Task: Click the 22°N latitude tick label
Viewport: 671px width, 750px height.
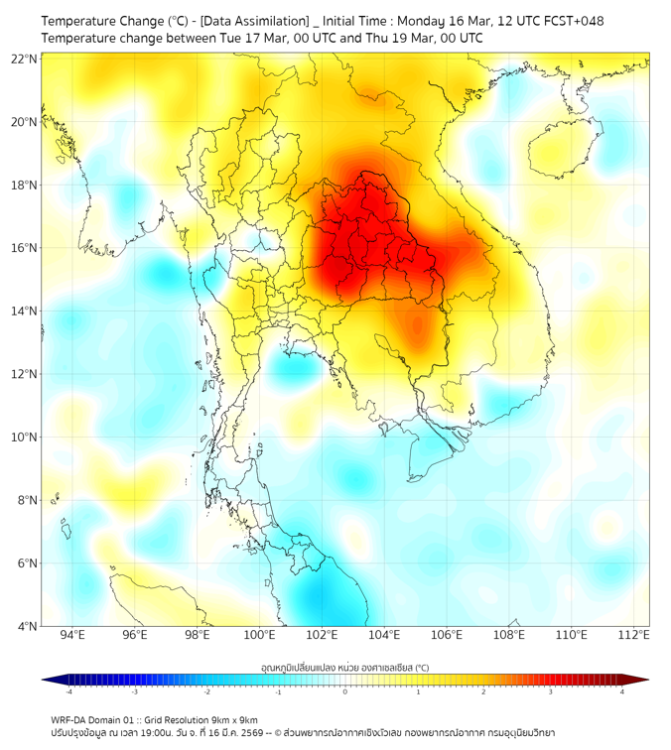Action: click(x=25, y=60)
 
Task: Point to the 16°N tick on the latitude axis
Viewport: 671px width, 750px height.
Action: click(x=25, y=248)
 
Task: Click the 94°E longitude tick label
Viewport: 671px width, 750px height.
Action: click(x=72, y=635)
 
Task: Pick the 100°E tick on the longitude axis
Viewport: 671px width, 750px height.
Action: click(x=259, y=635)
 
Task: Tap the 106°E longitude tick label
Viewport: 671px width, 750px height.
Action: click(x=447, y=635)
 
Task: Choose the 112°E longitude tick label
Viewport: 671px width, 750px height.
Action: click(x=633, y=635)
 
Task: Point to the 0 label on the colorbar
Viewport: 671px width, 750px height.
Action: click(x=345, y=691)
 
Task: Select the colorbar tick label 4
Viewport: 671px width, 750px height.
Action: click(x=622, y=691)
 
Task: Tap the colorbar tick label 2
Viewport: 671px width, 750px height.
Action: click(x=483, y=691)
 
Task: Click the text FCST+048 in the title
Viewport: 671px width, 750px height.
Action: click(x=574, y=21)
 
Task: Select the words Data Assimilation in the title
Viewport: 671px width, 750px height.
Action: click(x=253, y=21)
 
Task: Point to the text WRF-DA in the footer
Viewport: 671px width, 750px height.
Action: click(x=68, y=719)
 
